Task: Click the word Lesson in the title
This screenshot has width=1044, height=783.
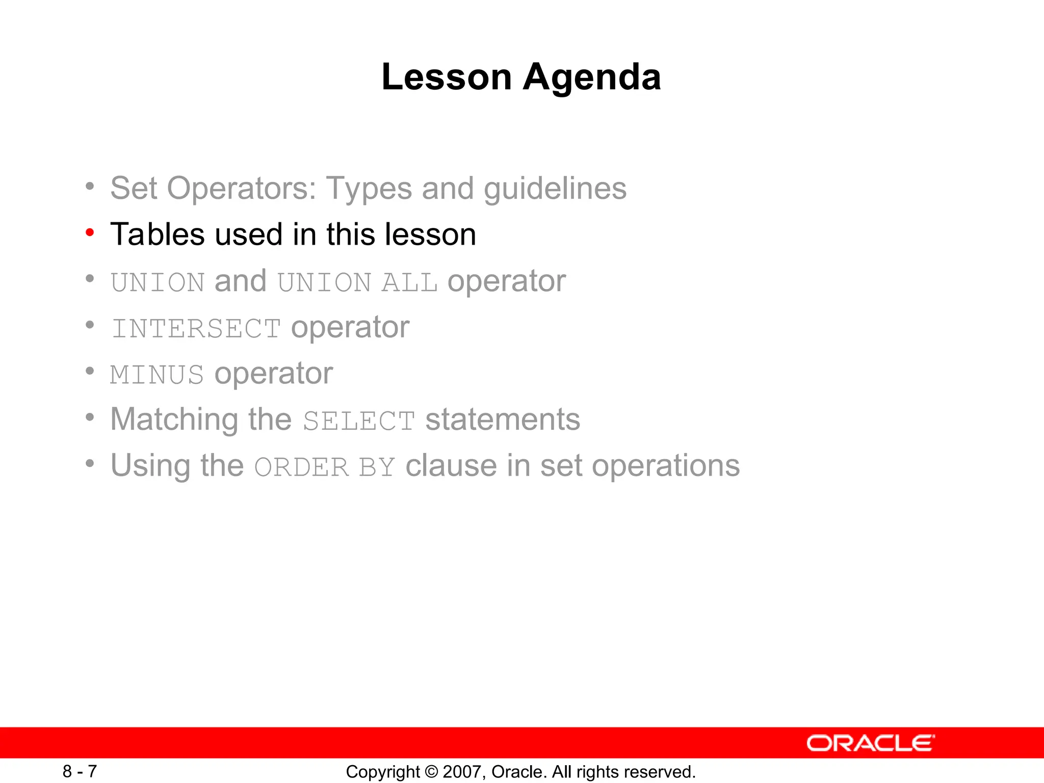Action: pos(447,77)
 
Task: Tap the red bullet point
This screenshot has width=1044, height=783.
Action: pos(90,233)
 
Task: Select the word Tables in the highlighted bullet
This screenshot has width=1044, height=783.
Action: pos(158,234)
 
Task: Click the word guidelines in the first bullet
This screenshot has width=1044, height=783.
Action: pos(555,189)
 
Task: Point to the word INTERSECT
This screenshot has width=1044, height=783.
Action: pos(196,328)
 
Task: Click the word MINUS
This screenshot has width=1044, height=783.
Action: pos(157,375)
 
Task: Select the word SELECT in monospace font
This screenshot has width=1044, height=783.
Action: pos(359,421)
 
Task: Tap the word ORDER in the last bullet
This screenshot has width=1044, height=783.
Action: pos(301,467)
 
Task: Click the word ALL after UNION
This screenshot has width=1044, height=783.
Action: pos(409,282)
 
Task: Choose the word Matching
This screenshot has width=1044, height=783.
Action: pos(174,420)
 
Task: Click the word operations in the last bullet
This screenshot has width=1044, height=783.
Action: pos(665,466)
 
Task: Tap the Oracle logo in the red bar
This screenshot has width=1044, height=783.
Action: pos(870,743)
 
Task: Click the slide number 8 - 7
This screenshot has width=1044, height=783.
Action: pos(80,771)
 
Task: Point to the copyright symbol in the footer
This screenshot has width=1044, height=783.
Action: pos(431,772)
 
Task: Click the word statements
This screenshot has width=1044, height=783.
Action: pos(503,420)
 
